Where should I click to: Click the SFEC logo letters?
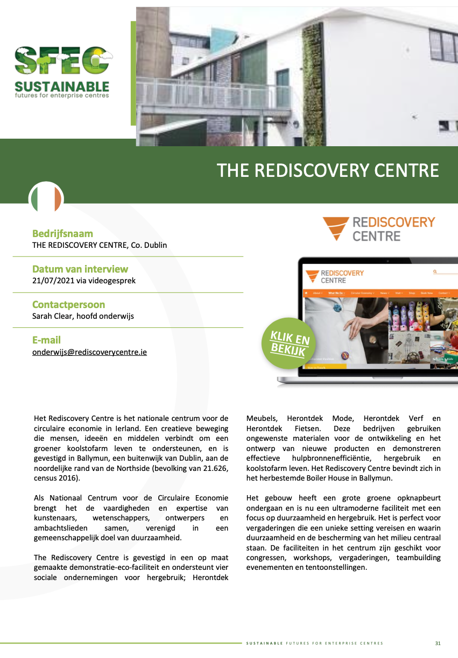pos(62,60)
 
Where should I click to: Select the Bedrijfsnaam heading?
pos(62,234)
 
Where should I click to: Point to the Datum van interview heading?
pos(80,269)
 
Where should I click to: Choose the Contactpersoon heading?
pos(68,304)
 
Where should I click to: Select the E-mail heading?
pos(46,340)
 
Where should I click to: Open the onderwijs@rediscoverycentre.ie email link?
pos(89,352)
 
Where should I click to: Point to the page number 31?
pos(438,643)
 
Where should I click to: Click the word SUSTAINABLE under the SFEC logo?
pos(62,86)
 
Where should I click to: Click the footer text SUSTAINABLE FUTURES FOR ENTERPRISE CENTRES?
pos(314,643)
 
